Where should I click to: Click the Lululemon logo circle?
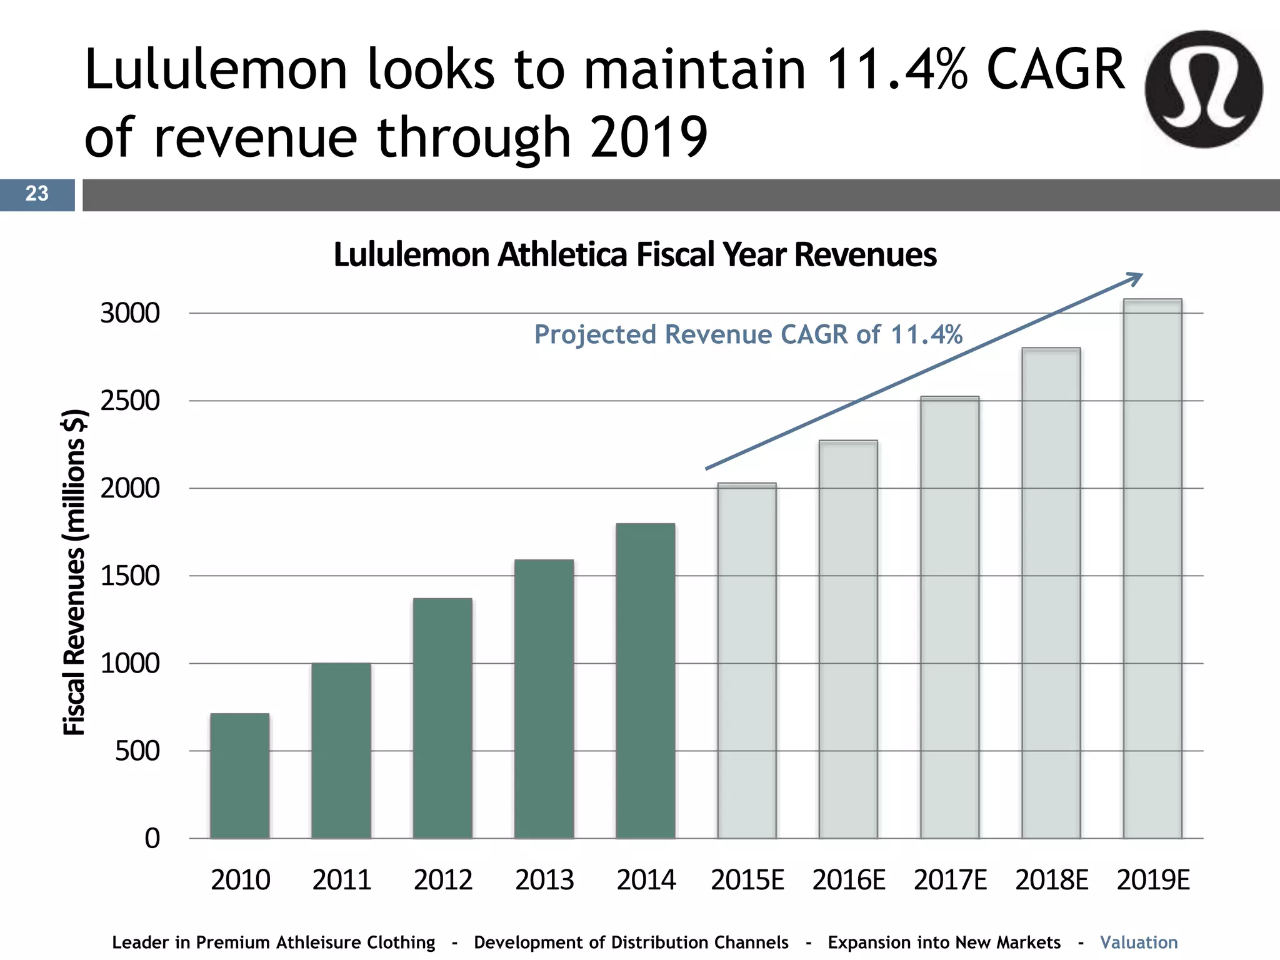point(1204,89)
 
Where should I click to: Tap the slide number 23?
point(37,194)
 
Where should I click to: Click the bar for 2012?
point(442,718)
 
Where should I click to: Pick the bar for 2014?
point(646,681)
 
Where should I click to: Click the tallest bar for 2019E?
point(1152,569)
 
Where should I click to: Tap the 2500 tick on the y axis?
point(130,401)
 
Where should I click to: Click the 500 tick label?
point(137,751)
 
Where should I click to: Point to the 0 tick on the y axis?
point(152,838)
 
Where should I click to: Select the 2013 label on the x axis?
point(544,880)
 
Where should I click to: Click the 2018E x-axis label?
point(1051,880)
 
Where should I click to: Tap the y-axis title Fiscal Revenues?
point(74,572)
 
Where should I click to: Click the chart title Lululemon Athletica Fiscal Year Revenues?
point(634,254)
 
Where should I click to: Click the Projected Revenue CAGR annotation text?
point(748,334)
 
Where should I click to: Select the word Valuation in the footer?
point(1139,942)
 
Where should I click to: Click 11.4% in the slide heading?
point(897,69)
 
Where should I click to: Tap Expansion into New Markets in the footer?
point(944,942)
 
